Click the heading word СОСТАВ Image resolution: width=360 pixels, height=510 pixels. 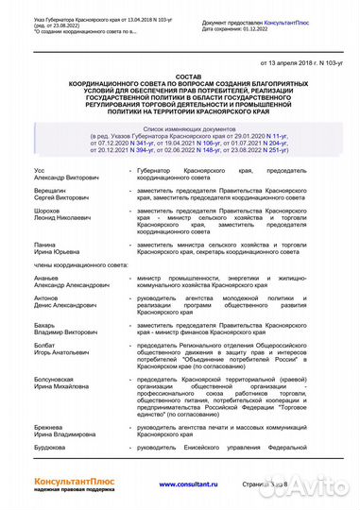pos(180,76)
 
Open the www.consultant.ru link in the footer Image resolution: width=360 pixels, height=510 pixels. pos(179,484)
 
